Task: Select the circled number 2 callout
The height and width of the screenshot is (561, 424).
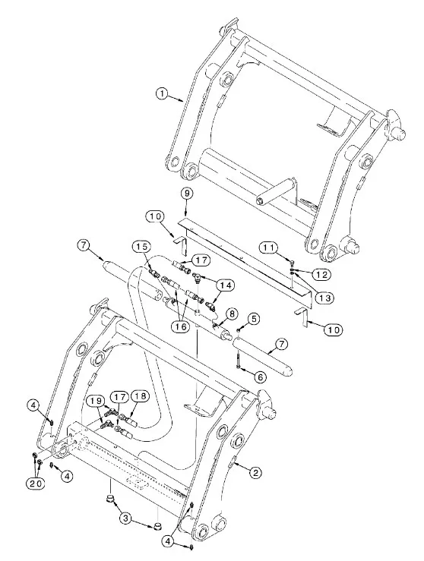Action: pyautogui.click(x=255, y=473)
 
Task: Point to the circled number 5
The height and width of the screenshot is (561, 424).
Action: pyautogui.click(x=254, y=318)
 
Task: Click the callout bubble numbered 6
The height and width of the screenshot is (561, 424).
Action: pyautogui.click(x=260, y=377)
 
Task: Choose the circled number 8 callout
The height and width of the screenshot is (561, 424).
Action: pyautogui.click(x=232, y=314)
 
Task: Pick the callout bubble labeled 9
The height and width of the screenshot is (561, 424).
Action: pyautogui.click(x=187, y=194)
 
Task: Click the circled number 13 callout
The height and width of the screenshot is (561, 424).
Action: pyautogui.click(x=324, y=298)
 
